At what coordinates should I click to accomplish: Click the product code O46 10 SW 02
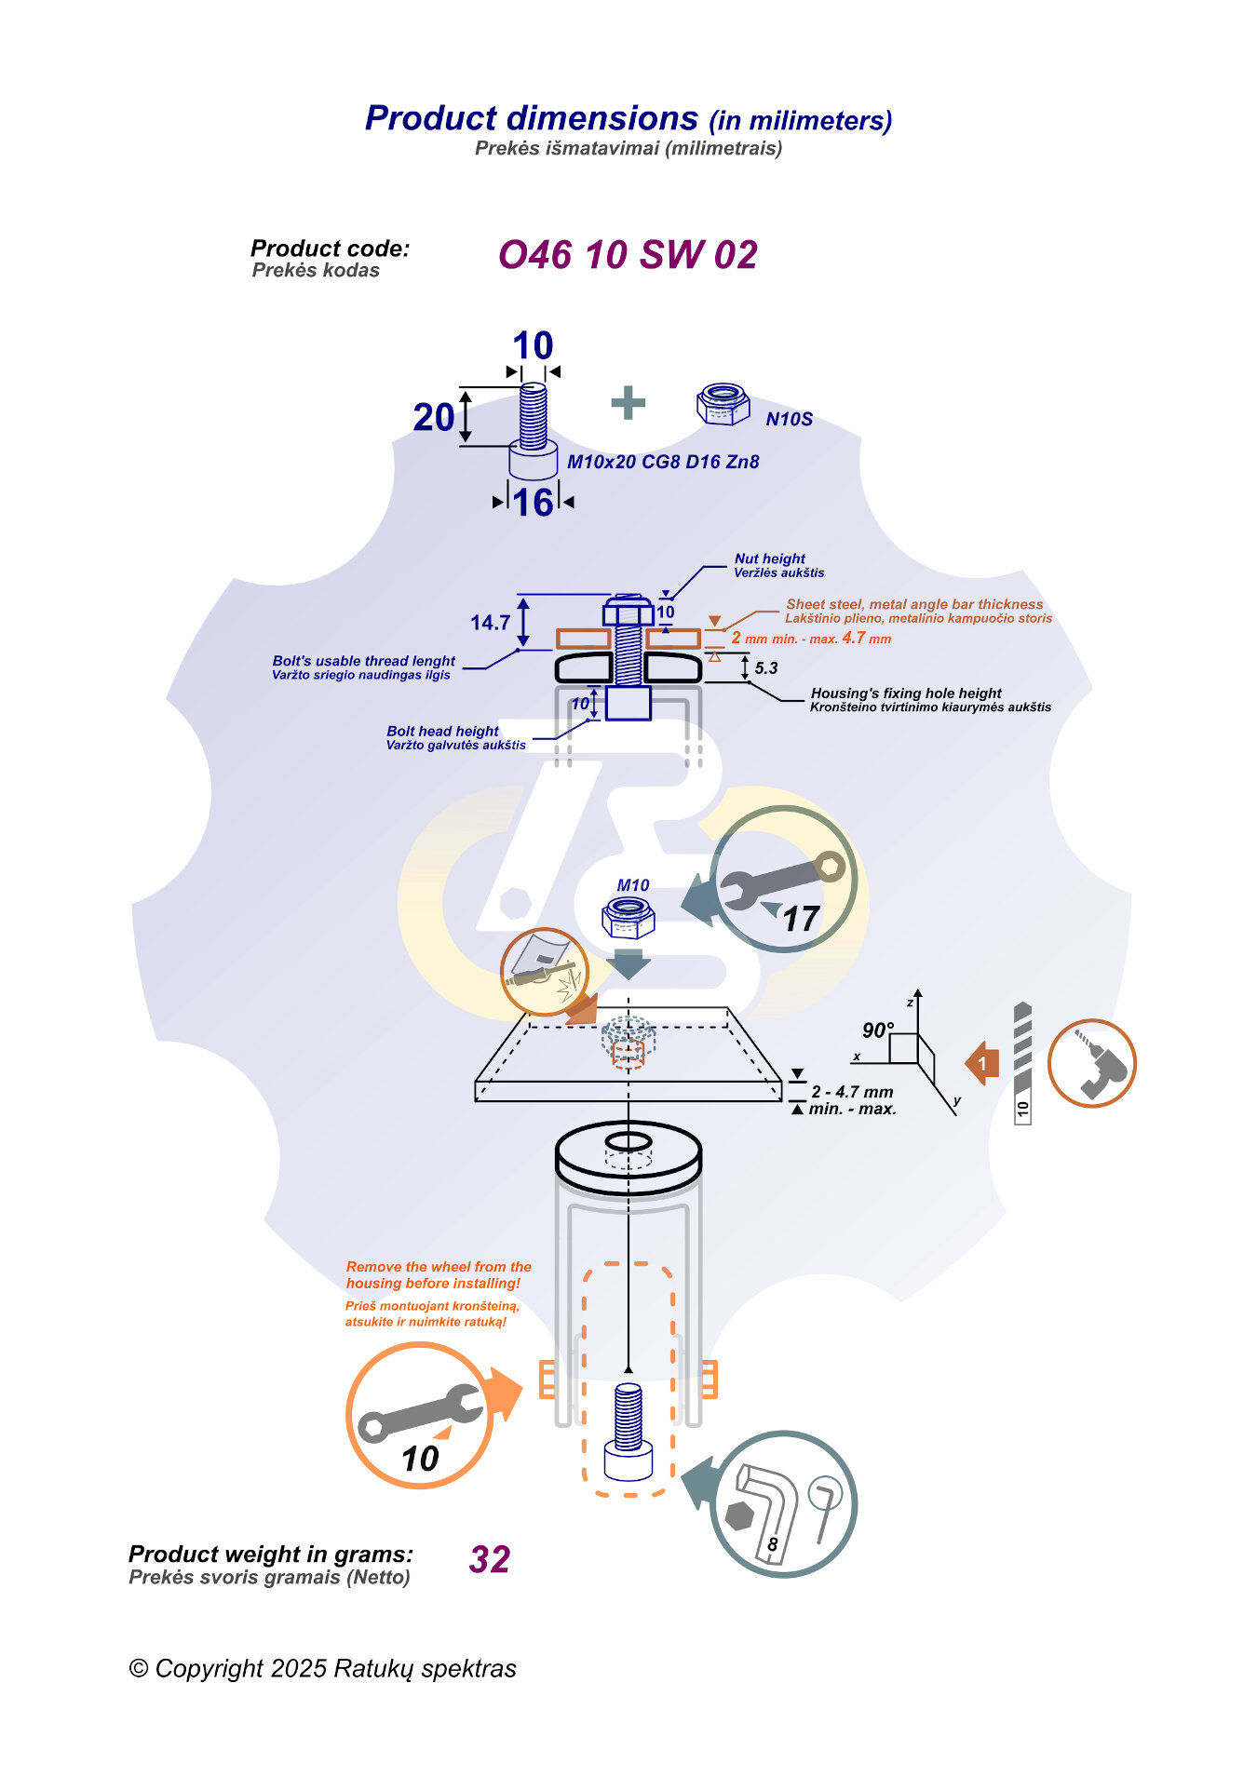[x=628, y=255]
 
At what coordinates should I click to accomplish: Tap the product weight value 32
[x=490, y=1559]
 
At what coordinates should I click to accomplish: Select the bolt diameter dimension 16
[x=534, y=503]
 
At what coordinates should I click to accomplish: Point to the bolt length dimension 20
[x=434, y=418]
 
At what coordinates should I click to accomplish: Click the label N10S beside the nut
[x=789, y=420]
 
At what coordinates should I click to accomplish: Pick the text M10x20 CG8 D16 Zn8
[x=663, y=462]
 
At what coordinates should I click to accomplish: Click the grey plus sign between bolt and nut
[x=628, y=403]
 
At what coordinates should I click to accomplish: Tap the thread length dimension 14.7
[x=490, y=623]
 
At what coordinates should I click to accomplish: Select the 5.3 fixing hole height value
[x=765, y=668]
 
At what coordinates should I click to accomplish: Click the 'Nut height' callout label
[x=770, y=559]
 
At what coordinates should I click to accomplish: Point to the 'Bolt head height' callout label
[x=443, y=732]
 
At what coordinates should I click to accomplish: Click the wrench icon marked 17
[x=783, y=880]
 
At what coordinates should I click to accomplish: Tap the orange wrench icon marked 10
[x=420, y=1416]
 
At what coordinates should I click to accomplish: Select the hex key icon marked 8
[x=783, y=1504]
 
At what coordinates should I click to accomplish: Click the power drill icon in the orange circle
[x=1092, y=1063]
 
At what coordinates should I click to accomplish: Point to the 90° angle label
[x=877, y=1030]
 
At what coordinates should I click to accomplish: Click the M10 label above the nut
[x=633, y=886]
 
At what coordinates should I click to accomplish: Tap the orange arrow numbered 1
[x=982, y=1063]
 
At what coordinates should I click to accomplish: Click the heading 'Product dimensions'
[x=532, y=118]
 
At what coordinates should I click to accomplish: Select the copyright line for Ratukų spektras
[x=322, y=1668]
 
